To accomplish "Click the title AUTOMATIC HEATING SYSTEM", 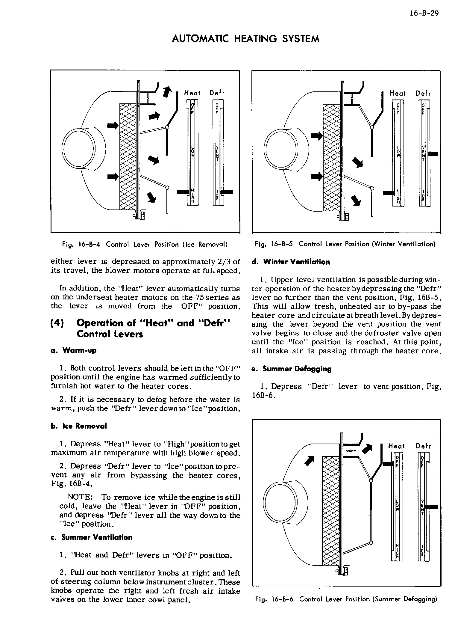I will pos(245,39).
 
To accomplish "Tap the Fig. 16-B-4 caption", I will pos(145,244).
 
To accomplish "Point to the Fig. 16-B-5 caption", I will pos(345,244).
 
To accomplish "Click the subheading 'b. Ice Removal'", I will pos(79,426).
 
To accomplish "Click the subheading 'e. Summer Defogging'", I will pos(292,369).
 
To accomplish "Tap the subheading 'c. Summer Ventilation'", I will pos(91,537).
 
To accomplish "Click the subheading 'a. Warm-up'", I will pos(74,350).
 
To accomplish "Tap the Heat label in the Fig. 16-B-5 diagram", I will pos(397,94).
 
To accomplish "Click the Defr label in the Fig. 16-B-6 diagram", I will pos(423,446).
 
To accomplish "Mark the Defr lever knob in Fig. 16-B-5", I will pos(433,154).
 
